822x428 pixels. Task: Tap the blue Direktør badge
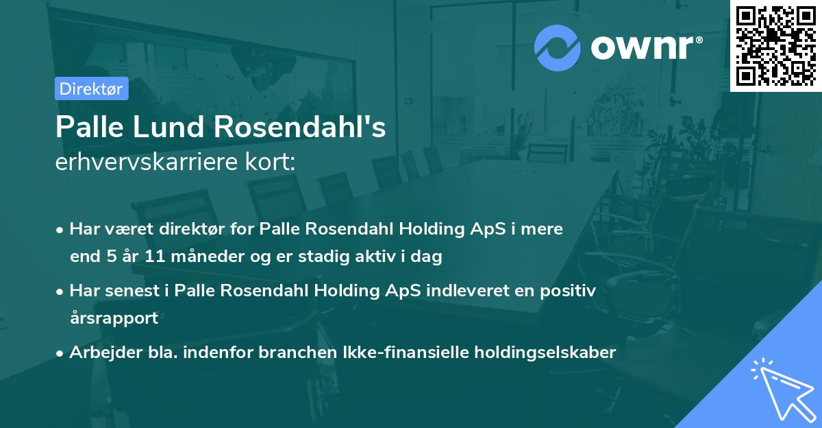(x=91, y=88)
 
